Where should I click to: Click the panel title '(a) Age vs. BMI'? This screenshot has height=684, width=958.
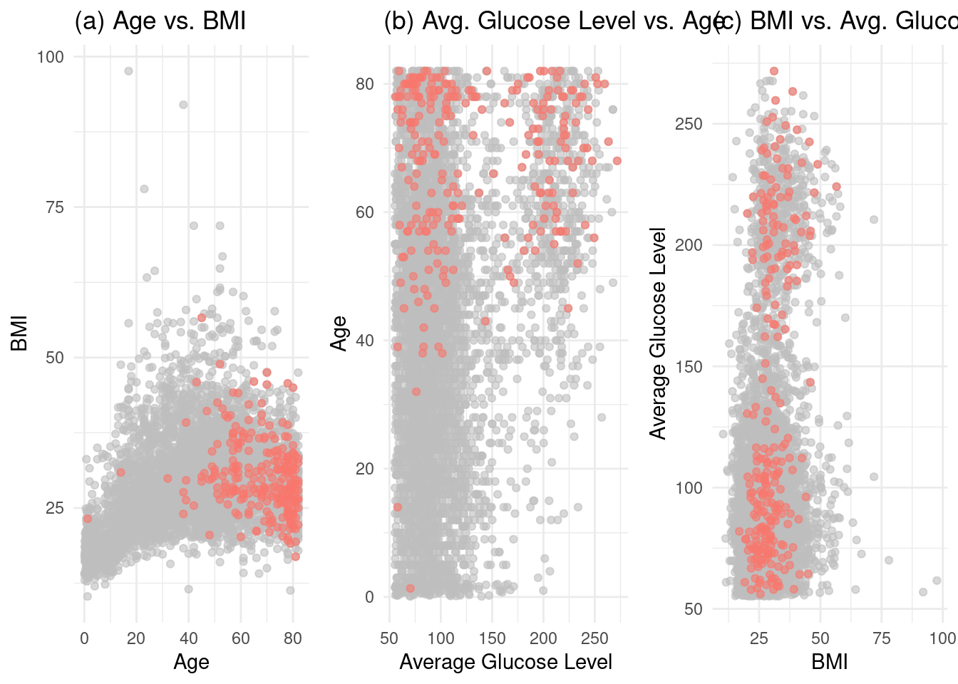click(160, 21)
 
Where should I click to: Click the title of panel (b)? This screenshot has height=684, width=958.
click(553, 21)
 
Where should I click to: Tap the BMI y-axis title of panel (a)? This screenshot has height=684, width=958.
click(19, 333)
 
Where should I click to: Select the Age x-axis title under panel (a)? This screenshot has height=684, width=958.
click(191, 662)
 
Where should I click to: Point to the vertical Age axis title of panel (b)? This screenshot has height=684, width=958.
click(340, 333)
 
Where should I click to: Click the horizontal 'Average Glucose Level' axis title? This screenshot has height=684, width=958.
click(505, 662)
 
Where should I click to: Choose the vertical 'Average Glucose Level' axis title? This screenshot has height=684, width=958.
click(657, 333)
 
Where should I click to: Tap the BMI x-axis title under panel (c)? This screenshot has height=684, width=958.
click(829, 662)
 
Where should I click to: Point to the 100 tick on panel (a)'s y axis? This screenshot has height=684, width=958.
click(50, 57)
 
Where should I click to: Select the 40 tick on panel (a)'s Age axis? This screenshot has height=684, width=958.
click(188, 638)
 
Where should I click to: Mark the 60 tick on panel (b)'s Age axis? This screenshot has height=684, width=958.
click(364, 212)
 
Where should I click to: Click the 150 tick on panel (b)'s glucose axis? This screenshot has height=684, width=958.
click(493, 638)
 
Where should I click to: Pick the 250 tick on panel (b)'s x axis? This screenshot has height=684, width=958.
click(595, 638)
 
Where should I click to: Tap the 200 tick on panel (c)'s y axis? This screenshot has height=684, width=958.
click(688, 245)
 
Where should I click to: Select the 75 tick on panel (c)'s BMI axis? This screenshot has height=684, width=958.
click(882, 638)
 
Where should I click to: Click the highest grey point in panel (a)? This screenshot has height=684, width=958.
click(128, 71)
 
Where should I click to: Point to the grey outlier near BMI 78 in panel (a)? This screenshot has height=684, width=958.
click(144, 189)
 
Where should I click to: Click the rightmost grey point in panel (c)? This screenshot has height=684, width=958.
click(937, 581)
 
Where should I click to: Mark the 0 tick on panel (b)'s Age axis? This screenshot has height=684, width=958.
click(369, 597)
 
